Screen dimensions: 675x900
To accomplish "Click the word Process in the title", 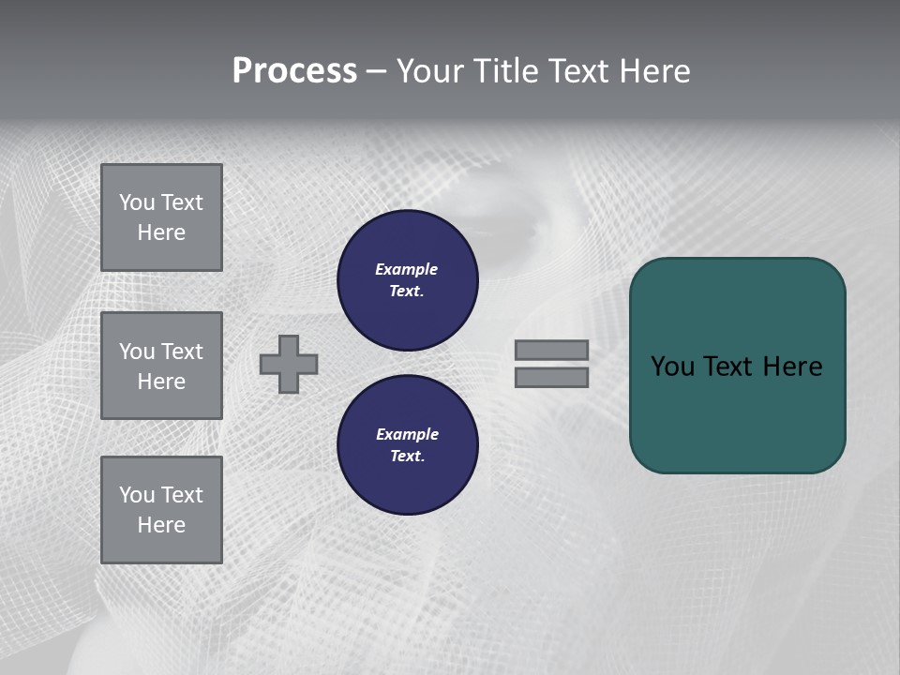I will pos(294,71).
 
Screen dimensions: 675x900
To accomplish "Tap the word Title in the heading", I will pos(503,71).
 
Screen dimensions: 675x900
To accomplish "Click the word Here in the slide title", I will pos(653,71).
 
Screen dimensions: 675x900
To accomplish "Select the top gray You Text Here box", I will pos(161,217).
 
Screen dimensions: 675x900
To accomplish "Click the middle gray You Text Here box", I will pos(161,366).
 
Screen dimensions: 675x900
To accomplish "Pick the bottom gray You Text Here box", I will pos(161,510).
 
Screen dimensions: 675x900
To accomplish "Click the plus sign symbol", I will pos(289,364).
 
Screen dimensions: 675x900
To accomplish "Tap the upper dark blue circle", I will pos(408,280).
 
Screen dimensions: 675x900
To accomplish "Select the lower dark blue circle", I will pos(408,445).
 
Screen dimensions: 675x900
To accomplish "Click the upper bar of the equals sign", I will pos(552,351).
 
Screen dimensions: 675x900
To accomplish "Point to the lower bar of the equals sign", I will pos(552,377).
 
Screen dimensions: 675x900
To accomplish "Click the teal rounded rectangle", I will pos(738,366).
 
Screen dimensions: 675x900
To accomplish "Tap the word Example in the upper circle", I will pos(407,269).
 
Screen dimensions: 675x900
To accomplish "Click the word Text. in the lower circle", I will pos(407,456).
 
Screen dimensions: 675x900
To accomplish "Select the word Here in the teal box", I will pos(792,367).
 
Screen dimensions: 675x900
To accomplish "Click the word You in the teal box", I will pos(673,367).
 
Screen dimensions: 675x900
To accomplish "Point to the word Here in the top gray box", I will pos(161,232).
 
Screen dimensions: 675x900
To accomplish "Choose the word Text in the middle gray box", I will pos(182,352).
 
